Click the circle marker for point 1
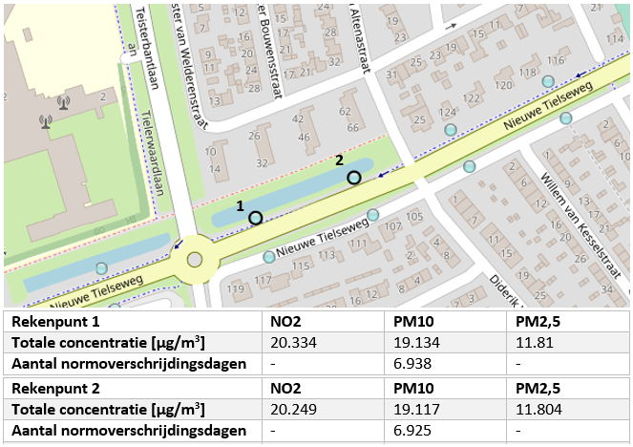[x=255, y=218]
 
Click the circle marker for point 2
[x=354, y=178]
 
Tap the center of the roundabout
[x=196, y=259]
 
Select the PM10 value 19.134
[x=412, y=343]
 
